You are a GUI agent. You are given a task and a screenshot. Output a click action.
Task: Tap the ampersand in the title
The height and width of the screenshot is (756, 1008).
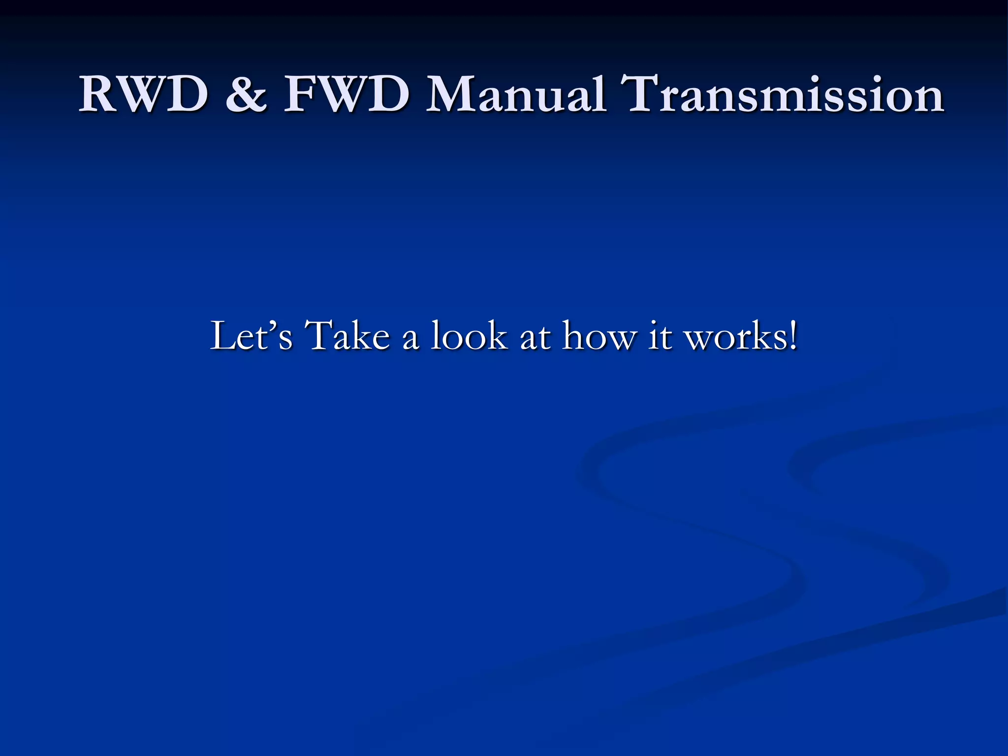247,94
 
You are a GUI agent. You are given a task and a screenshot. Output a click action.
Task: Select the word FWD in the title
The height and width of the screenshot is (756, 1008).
346,94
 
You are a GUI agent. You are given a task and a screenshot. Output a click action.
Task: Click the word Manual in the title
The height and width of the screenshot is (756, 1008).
515,94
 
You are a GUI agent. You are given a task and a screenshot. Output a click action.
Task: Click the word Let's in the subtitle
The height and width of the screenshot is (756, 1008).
252,336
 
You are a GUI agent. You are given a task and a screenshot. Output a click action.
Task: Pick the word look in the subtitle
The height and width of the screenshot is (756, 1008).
469,336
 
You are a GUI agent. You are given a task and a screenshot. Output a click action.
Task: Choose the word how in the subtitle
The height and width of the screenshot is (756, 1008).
600,336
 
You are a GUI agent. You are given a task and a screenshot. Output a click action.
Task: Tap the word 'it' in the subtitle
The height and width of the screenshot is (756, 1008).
660,336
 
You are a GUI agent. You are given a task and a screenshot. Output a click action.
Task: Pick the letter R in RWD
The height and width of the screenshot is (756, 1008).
98,94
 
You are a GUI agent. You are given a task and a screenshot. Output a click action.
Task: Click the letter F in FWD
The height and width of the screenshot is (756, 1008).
300,94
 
